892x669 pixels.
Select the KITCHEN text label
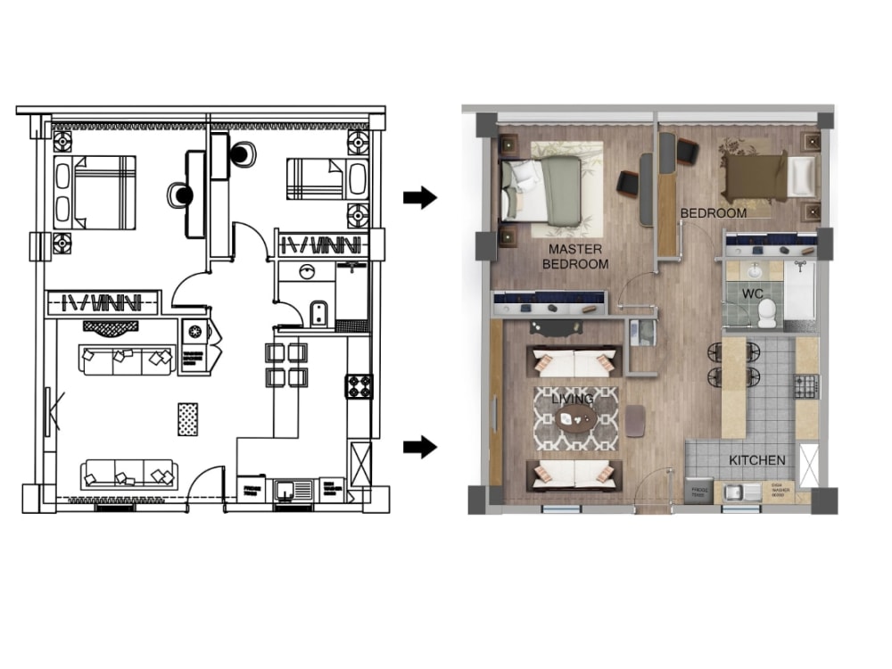[x=757, y=460]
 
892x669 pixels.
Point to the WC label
[x=754, y=293]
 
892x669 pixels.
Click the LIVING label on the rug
[x=572, y=400]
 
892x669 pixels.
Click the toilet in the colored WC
[x=766, y=312]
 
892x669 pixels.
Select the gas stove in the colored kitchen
[x=806, y=386]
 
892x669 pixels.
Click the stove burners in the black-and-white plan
[x=359, y=386]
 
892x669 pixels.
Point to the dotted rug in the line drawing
[x=187, y=419]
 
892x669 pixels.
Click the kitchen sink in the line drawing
[x=288, y=490]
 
